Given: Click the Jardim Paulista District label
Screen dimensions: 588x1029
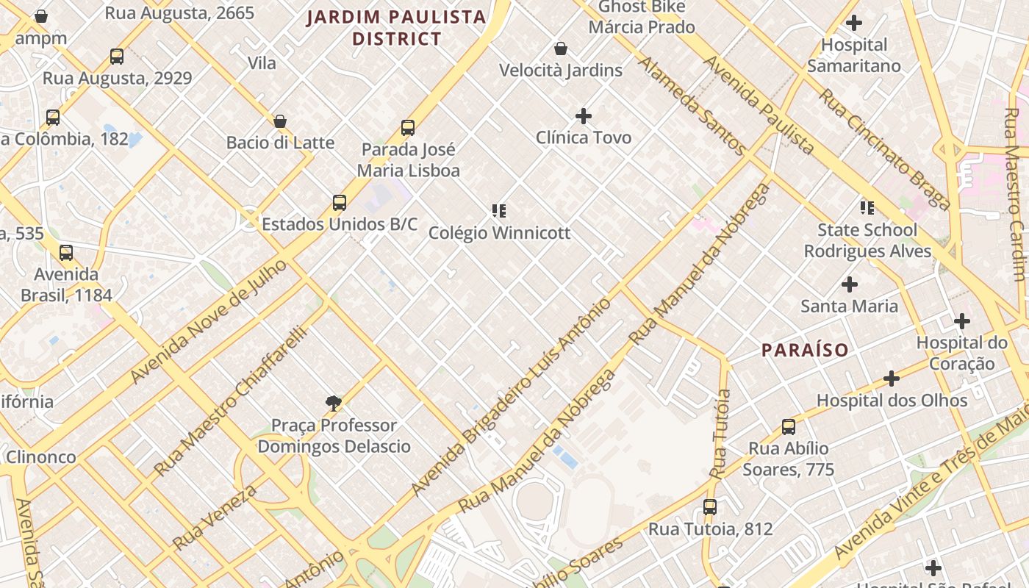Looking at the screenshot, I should point(396,27).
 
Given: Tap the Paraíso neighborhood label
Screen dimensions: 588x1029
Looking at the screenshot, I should point(805,350).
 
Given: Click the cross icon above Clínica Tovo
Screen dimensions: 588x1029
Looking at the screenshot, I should point(584,116).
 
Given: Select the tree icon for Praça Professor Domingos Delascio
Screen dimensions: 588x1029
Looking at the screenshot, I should point(334,403).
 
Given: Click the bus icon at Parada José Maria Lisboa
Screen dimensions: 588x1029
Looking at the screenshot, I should point(408,128).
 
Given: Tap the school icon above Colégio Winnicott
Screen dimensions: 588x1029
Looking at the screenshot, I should point(499,212).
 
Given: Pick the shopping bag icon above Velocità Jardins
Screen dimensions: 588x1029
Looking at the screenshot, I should point(561,49).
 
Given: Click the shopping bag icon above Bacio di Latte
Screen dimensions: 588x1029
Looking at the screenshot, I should point(280,121).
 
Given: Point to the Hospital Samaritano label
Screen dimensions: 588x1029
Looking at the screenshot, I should point(853,55).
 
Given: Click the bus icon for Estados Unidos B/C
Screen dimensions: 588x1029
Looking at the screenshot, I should point(339,203).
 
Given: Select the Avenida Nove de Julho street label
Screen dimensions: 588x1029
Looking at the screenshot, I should point(209,321).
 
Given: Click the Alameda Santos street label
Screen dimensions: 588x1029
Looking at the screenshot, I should point(692,105).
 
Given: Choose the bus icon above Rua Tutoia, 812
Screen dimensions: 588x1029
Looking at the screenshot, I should point(709,507).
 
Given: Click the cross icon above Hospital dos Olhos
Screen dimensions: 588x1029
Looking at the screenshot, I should point(892,379).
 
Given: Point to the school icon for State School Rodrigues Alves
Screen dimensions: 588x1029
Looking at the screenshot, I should point(867,209).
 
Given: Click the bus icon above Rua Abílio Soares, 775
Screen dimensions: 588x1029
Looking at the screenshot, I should point(789,427).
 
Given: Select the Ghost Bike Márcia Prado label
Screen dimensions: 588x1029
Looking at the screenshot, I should point(642,17).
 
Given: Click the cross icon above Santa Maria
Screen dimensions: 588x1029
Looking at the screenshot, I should point(850,284).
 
